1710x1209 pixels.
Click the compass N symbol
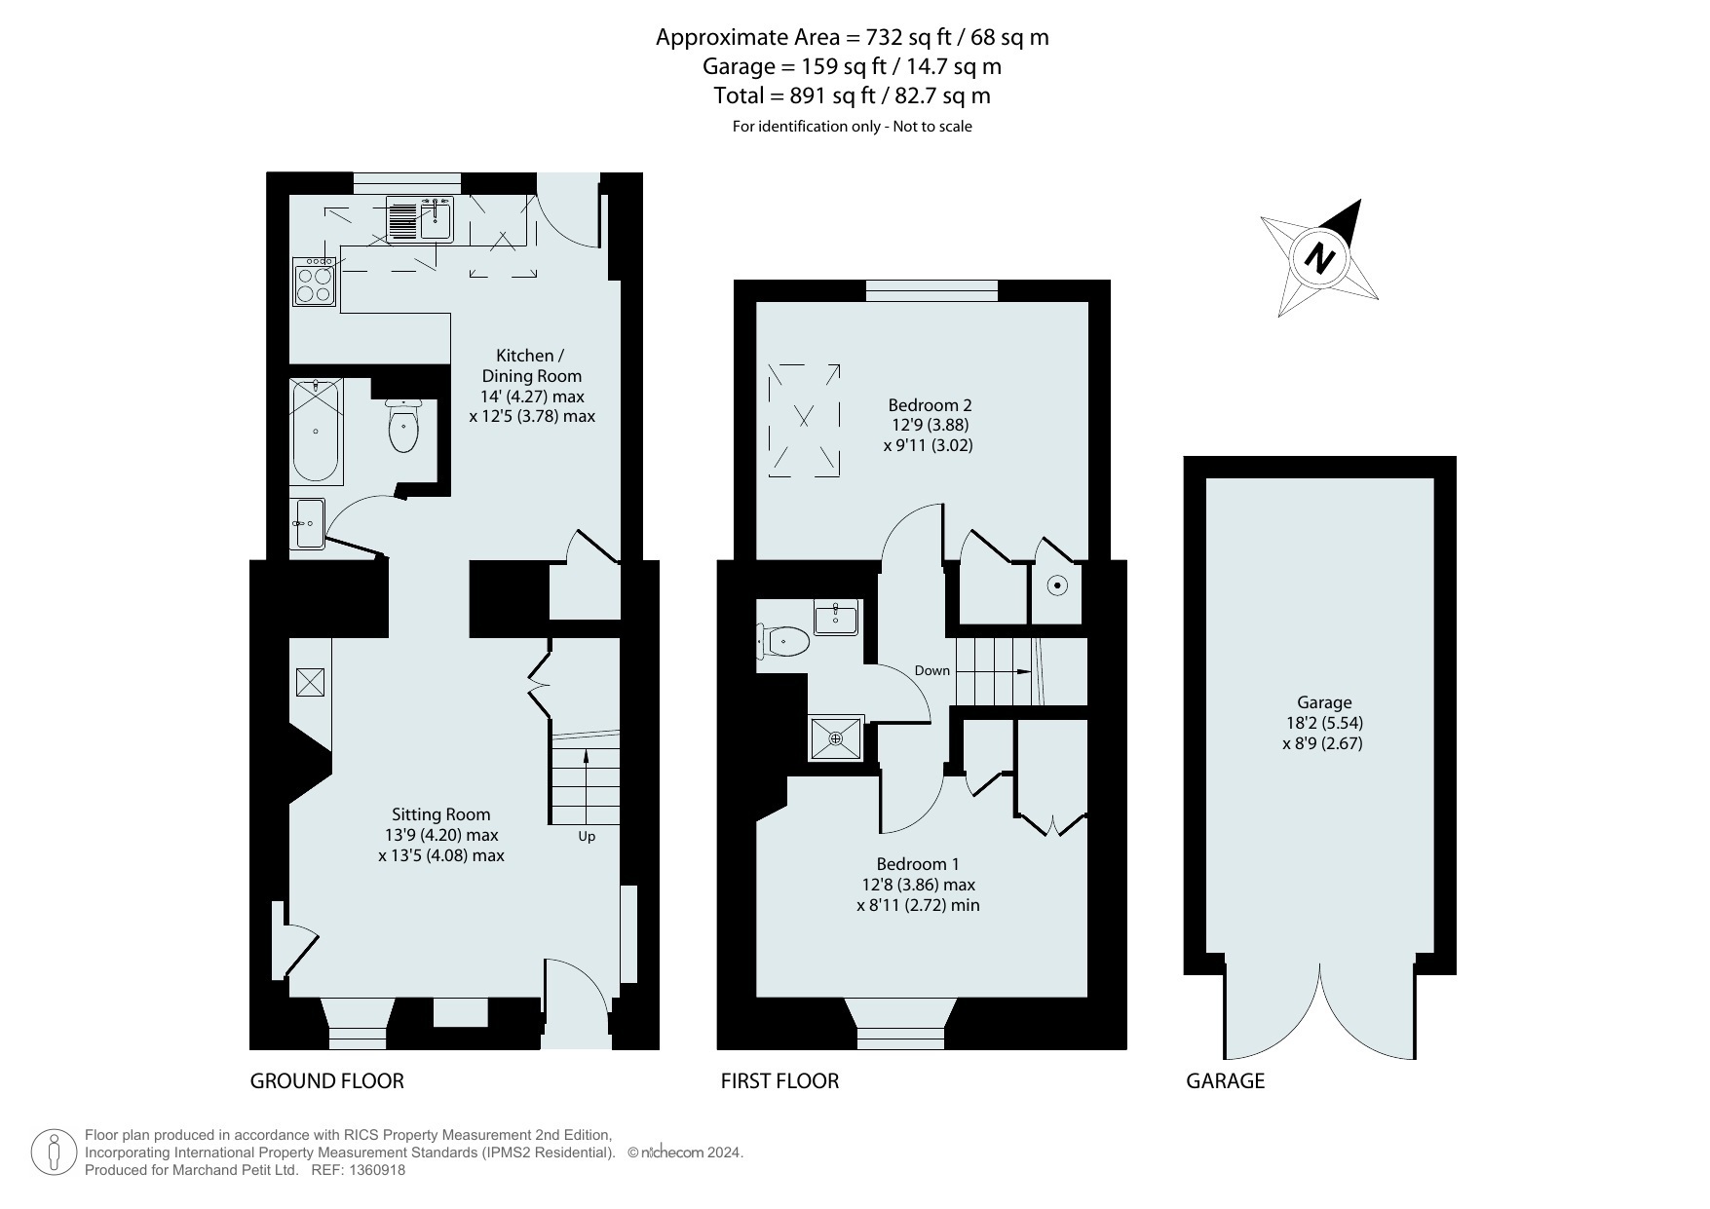[x=1320, y=258]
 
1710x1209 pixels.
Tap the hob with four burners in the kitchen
[x=314, y=282]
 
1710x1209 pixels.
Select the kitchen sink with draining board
[x=420, y=219]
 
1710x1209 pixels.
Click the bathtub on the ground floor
[x=316, y=431]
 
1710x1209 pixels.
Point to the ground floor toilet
[x=402, y=426]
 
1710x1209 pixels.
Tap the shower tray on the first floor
[x=836, y=739]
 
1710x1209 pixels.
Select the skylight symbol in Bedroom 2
[x=804, y=420]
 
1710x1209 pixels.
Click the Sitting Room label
[x=441, y=814]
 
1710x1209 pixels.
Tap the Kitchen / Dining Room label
[x=531, y=365]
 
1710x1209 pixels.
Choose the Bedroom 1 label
[x=918, y=864]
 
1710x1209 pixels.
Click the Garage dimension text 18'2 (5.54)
[x=1324, y=723]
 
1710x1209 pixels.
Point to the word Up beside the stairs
[x=587, y=837]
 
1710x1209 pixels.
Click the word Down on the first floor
[x=932, y=670]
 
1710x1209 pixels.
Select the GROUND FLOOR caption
[x=327, y=1080]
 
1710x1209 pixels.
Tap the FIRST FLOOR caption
[x=779, y=1080]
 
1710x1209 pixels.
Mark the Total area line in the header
[x=853, y=95]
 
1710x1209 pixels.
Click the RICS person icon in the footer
[x=55, y=1152]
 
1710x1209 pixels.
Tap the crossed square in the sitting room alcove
[x=310, y=682]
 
